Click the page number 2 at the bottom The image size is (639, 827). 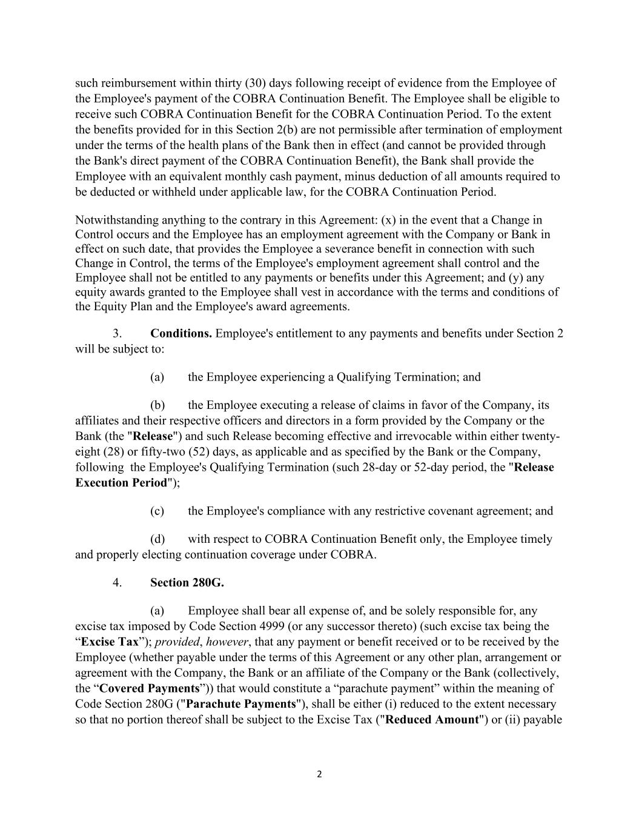tap(319, 774)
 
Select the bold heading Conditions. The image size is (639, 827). tap(180, 334)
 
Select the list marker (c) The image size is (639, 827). tap(157, 511)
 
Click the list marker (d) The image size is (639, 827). tap(157, 539)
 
